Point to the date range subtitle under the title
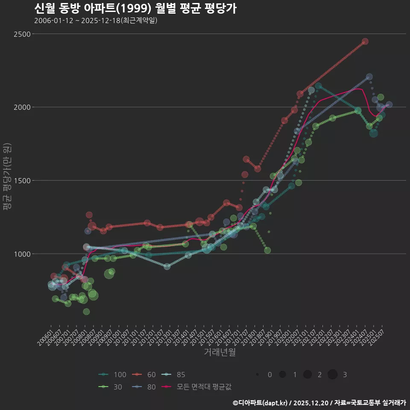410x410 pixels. (x=96, y=20)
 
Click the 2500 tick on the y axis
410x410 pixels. (x=22, y=34)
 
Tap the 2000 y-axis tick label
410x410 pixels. (x=22, y=107)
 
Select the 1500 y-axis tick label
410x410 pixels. (x=22, y=181)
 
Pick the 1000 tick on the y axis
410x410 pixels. (x=22, y=254)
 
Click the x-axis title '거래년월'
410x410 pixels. (x=220, y=352)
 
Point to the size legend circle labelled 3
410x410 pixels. (x=333, y=375)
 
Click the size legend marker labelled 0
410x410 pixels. (x=258, y=375)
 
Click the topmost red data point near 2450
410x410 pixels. (x=365, y=41)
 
